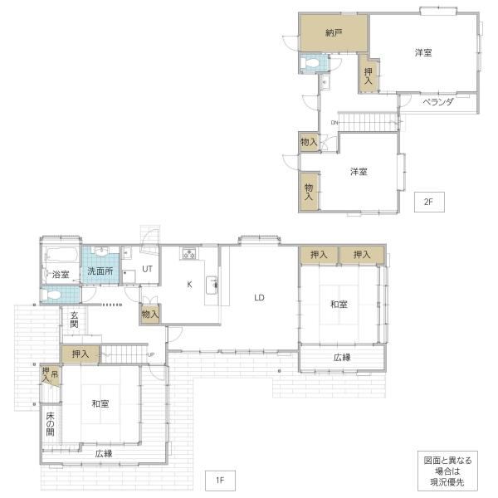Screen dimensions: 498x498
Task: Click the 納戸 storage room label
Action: [334, 32]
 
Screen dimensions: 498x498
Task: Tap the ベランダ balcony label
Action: [438, 102]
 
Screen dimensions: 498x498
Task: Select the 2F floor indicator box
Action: [429, 202]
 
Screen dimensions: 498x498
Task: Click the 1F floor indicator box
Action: [220, 481]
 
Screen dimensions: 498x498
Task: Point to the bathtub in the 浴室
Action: [61, 255]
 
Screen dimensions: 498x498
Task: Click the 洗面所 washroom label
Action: [100, 271]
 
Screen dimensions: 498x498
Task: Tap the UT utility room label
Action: [147, 269]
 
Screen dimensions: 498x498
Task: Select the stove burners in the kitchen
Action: [189, 253]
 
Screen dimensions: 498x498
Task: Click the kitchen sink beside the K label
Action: [212, 286]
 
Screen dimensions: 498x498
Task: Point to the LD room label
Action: [259, 298]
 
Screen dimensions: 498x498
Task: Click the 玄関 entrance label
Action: [74, 320]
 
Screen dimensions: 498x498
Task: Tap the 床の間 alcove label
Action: [50, 424]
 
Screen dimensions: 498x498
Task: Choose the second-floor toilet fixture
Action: [311, 64]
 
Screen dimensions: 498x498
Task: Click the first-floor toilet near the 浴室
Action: [51, 295]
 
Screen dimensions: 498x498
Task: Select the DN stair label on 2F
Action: [334, 123]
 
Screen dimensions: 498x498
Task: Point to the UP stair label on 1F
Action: [151, 354]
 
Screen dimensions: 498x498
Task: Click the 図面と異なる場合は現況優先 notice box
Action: [447, 471]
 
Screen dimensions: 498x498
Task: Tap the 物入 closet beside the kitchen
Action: [150, 315]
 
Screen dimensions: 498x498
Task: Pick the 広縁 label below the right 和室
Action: [342, 358]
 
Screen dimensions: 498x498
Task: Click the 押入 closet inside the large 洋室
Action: [369, 76]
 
